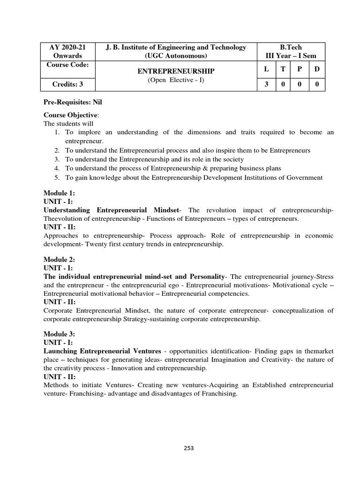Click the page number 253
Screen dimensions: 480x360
tap(189, 448)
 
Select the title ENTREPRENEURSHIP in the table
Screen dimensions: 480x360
tap(175, 71)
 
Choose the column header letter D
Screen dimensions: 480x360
tap(317, 69)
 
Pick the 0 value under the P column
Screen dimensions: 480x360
tap(300, 85)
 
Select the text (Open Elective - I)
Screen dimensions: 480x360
tap(175, 80)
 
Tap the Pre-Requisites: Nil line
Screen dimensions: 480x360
tap(69, 101)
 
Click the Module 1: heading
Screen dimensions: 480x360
tap(60, 193)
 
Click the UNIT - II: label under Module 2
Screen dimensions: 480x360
tap(60, 302)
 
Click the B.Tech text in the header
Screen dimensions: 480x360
tap(291, 47)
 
